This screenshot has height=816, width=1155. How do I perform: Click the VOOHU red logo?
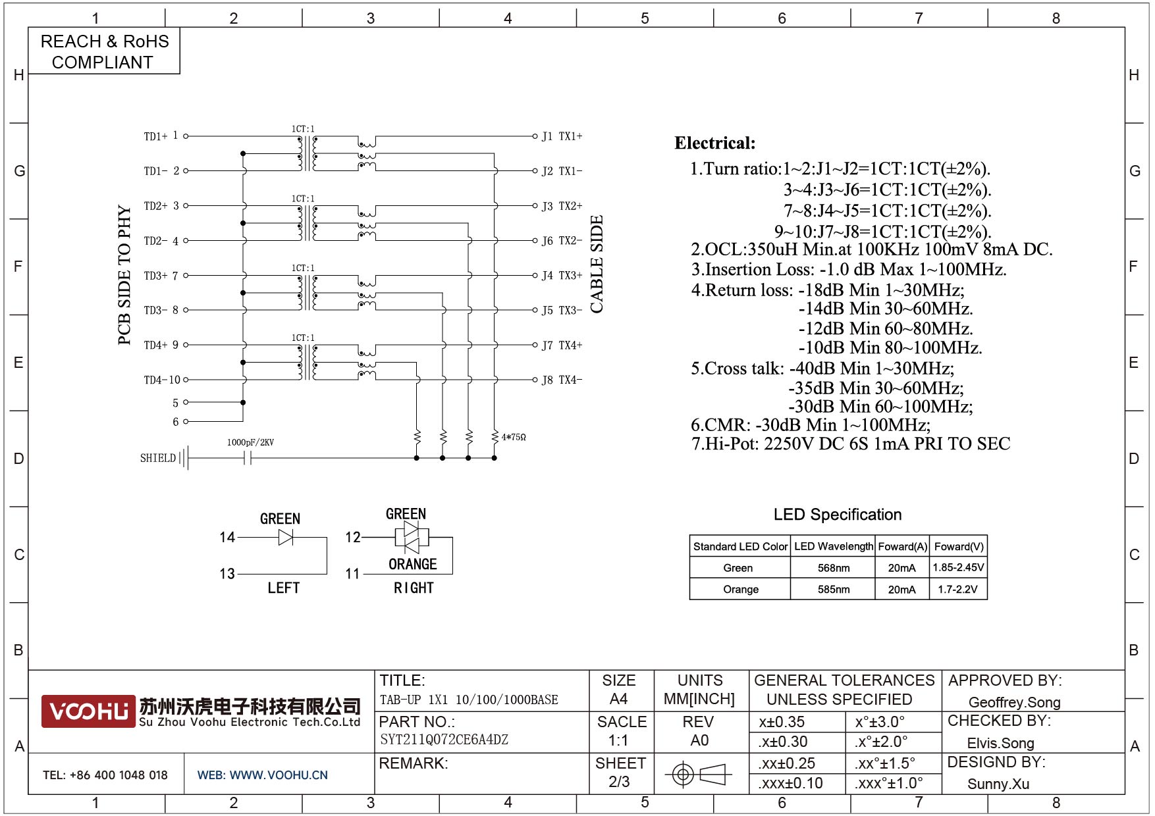[x=88, y=711]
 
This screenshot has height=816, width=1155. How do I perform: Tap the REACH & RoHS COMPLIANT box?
[x=104, y=51]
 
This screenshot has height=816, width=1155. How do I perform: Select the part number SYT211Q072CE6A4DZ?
[x=444, y=740]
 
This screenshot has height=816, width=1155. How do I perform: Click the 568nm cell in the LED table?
[x=833, y=568]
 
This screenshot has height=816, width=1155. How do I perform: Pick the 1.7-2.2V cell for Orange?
[x=957, y=589]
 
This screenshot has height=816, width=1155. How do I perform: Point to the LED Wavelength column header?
[x=833, y=546]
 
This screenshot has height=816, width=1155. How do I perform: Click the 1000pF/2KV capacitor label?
[x=250, y=442]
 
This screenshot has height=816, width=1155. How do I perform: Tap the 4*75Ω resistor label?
[x=514, y=437]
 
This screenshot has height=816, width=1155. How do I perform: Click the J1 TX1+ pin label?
[x=562, y=136]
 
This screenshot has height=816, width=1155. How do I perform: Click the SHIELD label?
[x=158, y=458]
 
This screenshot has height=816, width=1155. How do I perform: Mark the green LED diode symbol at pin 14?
[x=286, y=538]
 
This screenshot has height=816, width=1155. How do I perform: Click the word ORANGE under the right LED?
[x=413, y=564]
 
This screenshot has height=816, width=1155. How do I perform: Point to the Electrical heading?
[x=714, y=143]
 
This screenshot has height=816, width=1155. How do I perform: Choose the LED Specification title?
[x=837, y=515]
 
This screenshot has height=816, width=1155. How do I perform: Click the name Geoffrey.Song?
[x=1014, y=702]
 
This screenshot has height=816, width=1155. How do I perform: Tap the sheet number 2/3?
[x=619, y=782]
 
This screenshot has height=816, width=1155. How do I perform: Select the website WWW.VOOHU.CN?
[x=279, y=775]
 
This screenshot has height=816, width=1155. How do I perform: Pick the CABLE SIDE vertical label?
[x=597, y=265]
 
